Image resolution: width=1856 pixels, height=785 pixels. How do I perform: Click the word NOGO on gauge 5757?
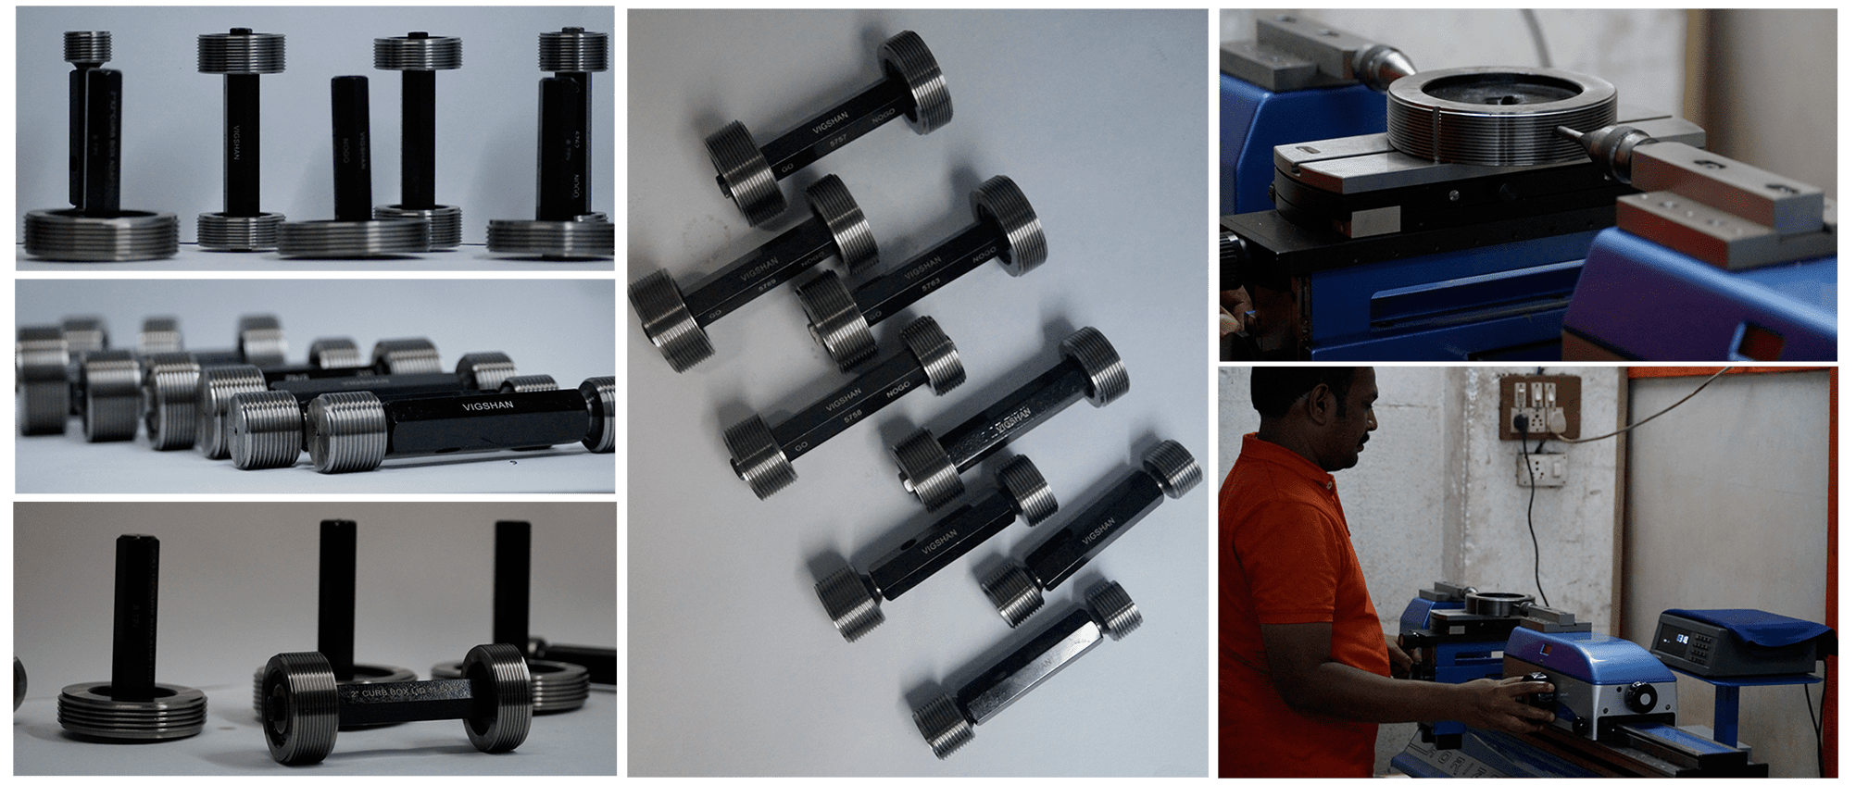(883, 116)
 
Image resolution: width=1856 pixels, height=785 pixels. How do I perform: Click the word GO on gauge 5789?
(715, 315)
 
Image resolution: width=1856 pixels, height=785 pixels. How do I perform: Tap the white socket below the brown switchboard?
(1540, 468)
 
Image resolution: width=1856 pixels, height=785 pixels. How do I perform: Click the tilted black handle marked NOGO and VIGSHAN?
(352, 148)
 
